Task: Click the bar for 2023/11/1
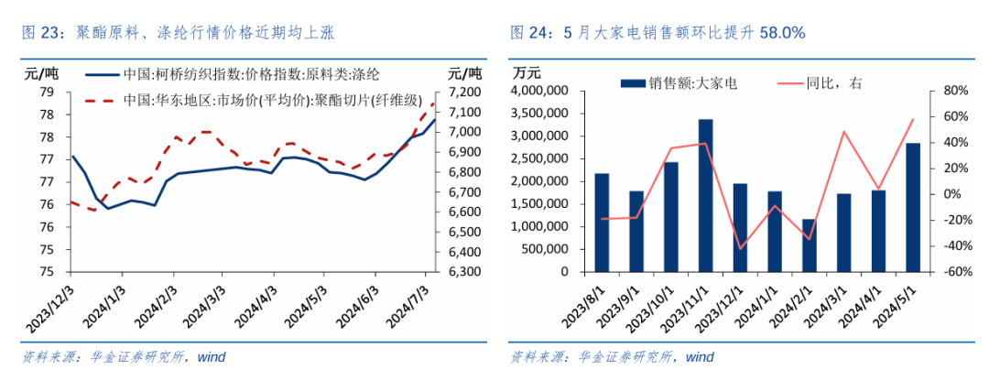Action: click(x=705, y=196)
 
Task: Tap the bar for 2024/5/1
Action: click(x=912, y=208)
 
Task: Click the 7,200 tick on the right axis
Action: click(x=466, y=93)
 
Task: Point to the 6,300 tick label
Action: click(x=466, y=272)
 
